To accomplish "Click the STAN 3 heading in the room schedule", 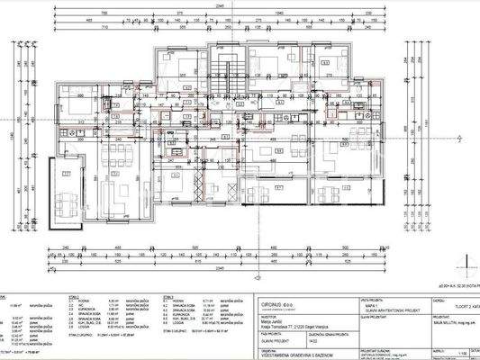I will click(x=168, y=296).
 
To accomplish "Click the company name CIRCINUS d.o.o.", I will click(x=278, y=302).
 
